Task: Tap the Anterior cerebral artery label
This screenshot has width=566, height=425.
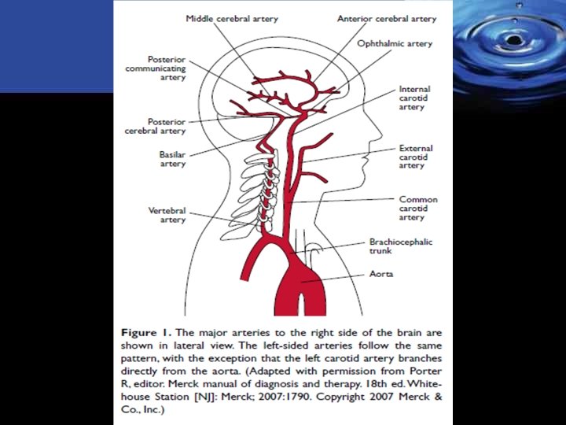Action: point(386,18)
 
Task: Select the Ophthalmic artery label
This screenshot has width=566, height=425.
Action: point(395,44)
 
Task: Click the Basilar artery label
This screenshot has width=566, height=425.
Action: point(172,159)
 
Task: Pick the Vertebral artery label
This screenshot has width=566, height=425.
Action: point(167,215)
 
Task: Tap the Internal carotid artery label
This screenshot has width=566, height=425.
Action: point(414,98)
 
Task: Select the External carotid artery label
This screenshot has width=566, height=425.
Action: point(416,157)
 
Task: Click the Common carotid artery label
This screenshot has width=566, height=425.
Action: point(418,208)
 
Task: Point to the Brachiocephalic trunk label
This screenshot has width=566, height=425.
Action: point(401,246)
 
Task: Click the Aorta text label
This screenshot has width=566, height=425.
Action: point(381,275)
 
